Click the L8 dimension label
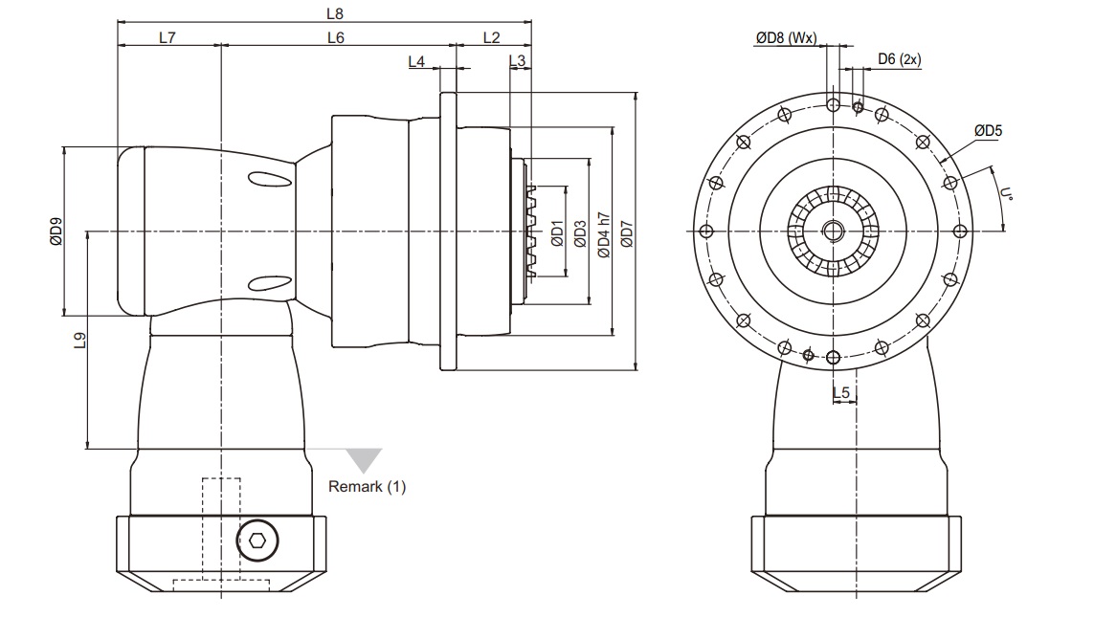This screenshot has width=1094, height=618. coord(334,13)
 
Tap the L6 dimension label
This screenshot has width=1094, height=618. coord(335,38)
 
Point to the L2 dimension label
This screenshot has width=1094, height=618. coord(491,38)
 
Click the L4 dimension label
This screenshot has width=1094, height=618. coord(416,61)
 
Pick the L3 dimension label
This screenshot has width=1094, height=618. coord(518,61)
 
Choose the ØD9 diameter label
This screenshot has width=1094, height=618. coord(56,232)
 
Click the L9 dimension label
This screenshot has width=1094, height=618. coord(80,341)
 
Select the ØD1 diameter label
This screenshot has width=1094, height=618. coord(557,232)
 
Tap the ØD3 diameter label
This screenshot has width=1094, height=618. coord(579,232)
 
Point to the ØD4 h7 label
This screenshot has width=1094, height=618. coord(603,232)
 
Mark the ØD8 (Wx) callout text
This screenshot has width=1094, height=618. coord(785,38)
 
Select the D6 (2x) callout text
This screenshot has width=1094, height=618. coord(899,59)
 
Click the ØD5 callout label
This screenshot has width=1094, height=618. coord(989,130)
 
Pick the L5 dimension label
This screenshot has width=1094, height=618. coord(841,392)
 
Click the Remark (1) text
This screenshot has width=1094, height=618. coord(368,487)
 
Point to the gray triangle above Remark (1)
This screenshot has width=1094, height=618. coord(364,458)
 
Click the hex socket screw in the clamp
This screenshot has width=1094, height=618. coord(257,541)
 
